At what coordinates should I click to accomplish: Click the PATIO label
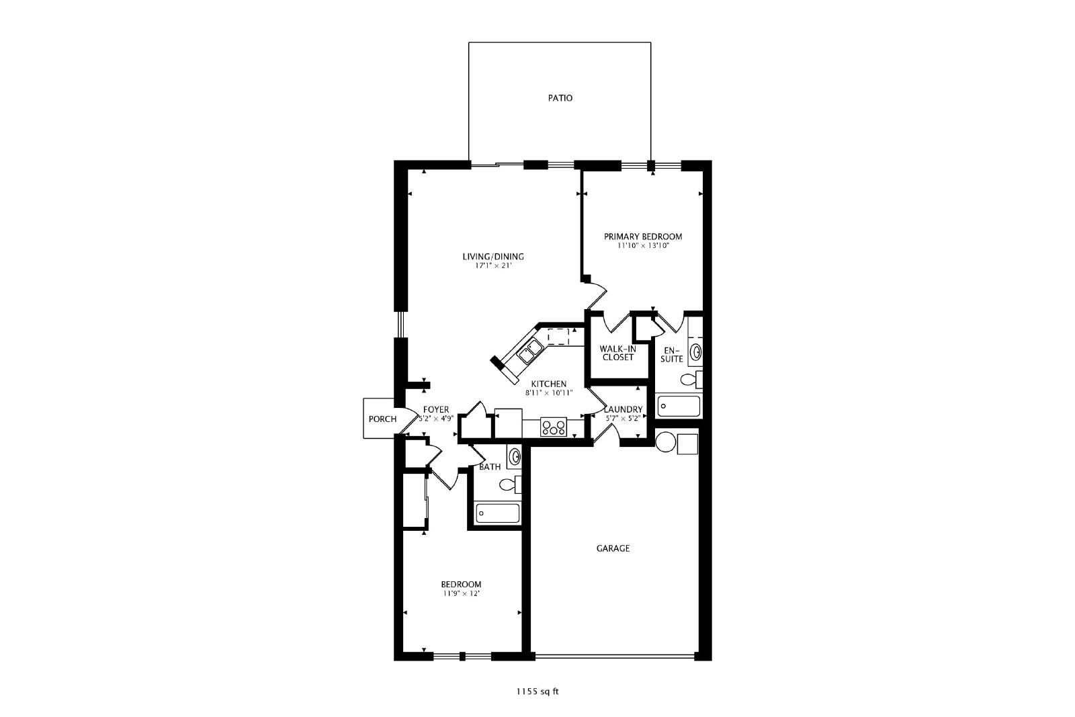click(560, 98)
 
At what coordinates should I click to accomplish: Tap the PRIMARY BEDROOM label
click(642, 237)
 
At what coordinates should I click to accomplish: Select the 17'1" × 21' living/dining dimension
click(493, 265)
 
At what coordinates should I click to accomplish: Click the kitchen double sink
click(530, 351)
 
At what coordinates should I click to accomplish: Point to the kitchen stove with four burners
click(554, 427)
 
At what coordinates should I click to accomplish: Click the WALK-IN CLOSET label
click(617, 353)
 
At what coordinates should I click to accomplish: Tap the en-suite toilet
click(691, 380)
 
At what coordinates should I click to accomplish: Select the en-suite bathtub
click(678, 407)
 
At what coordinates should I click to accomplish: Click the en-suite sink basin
click(695, 353)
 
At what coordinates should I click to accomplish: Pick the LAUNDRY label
click(623, 409)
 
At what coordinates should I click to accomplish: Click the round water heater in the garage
click(666, 442)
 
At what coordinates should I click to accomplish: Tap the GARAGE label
click(613, 548)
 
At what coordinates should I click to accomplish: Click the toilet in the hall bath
click(510, 484)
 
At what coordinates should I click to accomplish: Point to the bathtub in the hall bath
click(497, 513)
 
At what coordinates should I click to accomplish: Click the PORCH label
click(382, 419)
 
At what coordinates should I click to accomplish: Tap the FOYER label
click(436, 409)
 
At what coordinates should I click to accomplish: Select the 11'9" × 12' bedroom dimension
click(461, 593)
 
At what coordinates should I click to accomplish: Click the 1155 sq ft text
click(537, 691)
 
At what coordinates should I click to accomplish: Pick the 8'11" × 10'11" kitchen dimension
click(549, 393)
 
